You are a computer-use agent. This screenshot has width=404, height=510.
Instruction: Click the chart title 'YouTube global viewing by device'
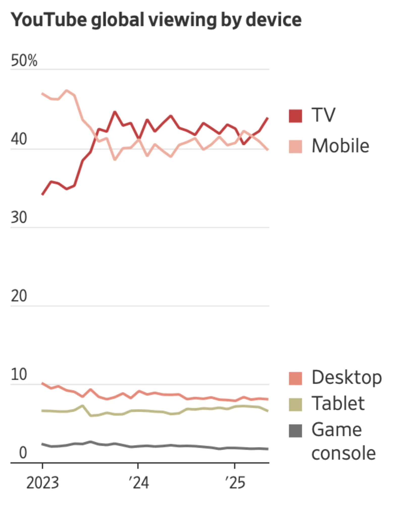click(x=156, y=20)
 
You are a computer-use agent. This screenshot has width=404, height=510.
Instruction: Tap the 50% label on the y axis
click(x=24, y=61)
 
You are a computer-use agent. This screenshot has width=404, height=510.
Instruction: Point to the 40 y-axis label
click(x=19, y=139)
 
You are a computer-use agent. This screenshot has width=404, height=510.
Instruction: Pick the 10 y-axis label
click(x=19, y=374)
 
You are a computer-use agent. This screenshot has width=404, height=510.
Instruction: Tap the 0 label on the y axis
click(x=23, y=453)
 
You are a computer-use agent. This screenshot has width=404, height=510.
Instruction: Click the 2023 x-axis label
click(x=42, y=483)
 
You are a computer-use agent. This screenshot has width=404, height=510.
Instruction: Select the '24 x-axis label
click(x=139, y=483)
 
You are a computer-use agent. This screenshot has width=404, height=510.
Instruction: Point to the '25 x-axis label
click(x=235, y=483)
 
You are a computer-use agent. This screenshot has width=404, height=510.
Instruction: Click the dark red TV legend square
click(x=295, y=116)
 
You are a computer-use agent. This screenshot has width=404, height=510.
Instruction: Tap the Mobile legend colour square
click(x=295, y=147)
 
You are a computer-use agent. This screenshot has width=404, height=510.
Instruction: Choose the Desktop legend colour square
click(x=295, y=378)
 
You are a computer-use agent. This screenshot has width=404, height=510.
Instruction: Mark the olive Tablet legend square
click(x=295, y=405)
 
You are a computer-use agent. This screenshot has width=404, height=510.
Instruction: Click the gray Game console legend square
click(x=295, y=431)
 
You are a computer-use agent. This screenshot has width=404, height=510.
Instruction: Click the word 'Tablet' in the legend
click(x=338, y=403)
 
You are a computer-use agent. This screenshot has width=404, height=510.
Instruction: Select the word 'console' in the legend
click(x=344, y=453)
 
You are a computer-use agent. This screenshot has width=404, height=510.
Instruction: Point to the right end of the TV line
click(x=268, y=118)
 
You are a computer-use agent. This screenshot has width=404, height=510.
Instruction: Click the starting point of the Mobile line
click(x=42, y=93)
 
